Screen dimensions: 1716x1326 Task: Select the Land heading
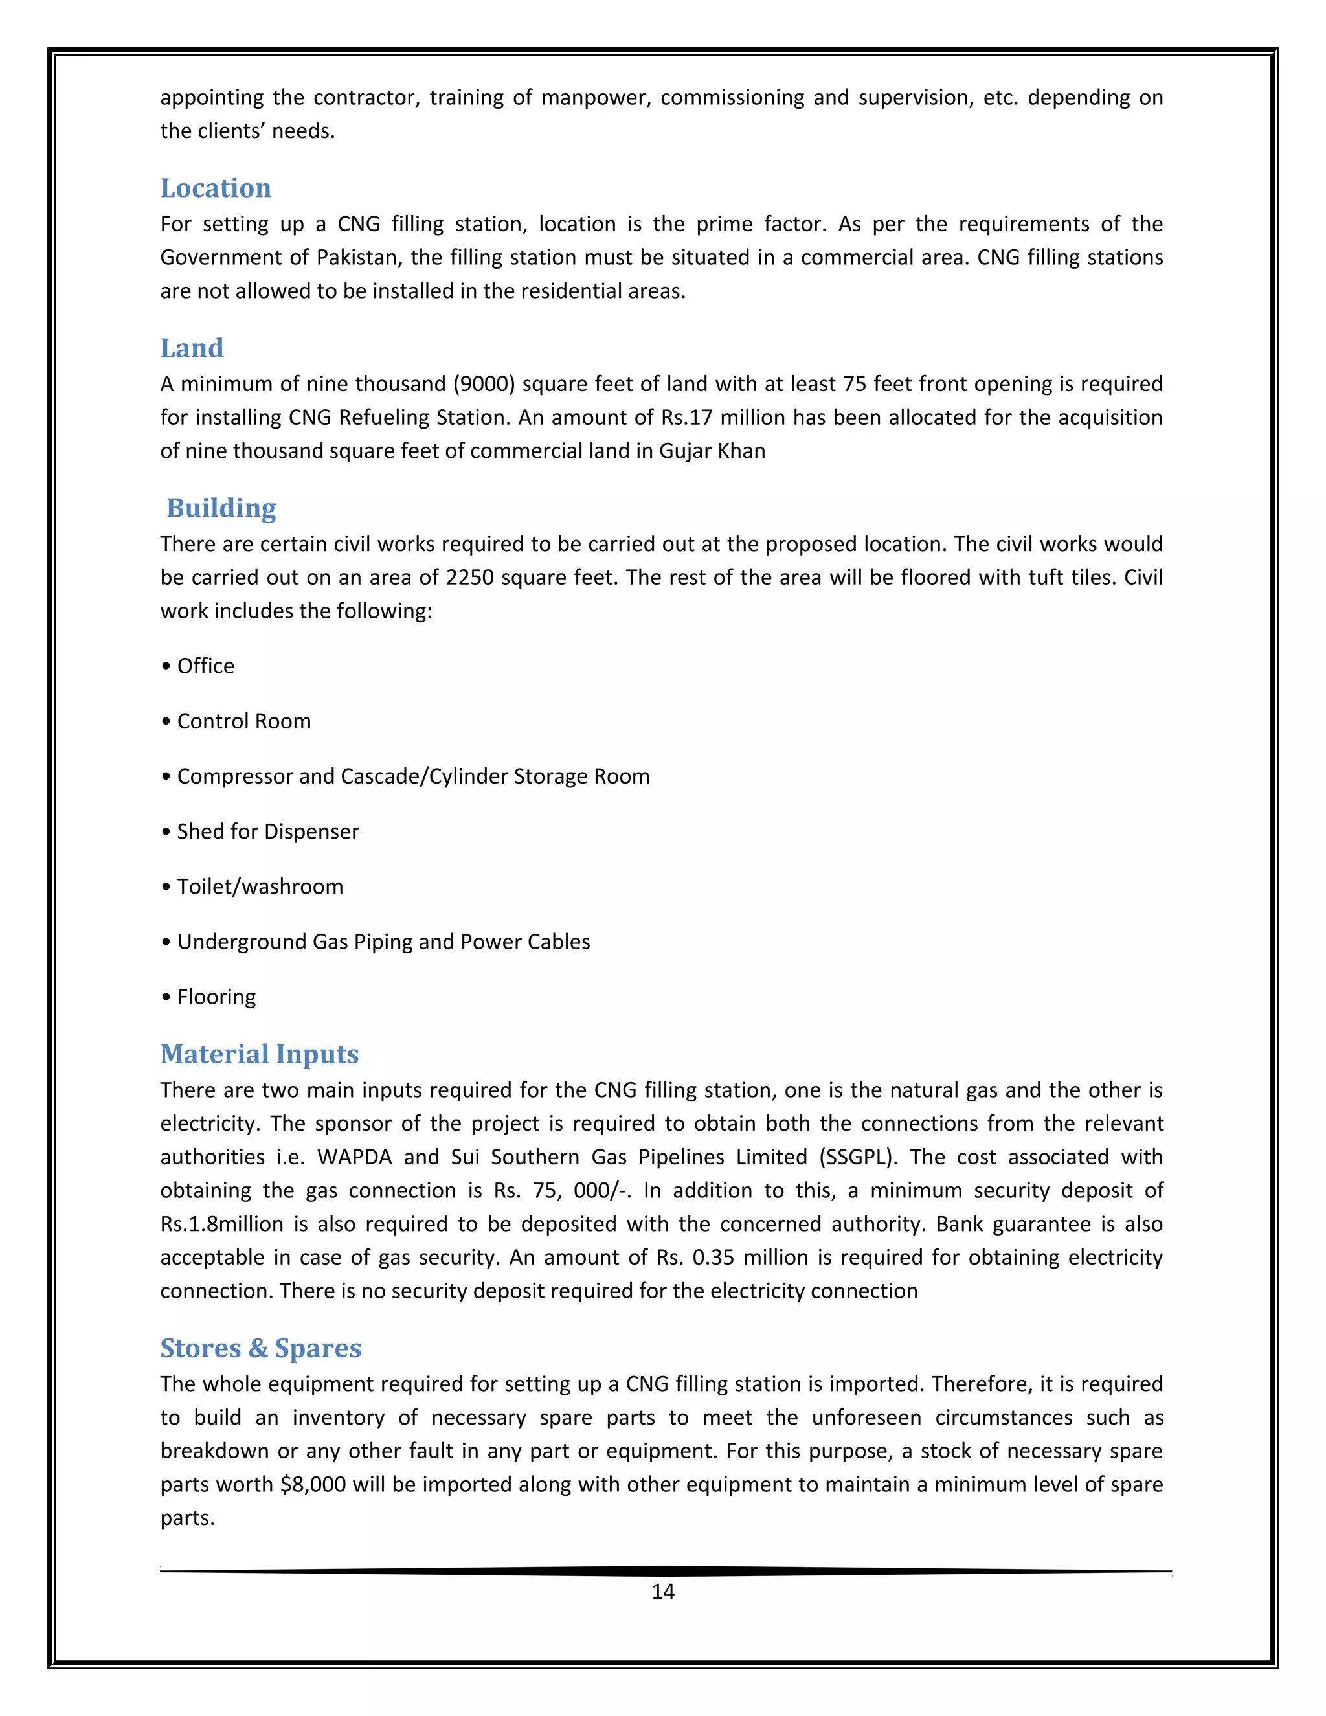[x=192, y=348]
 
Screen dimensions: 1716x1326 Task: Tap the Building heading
[x=221, y=508]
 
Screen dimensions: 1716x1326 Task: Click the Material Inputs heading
[x=259, y=1054]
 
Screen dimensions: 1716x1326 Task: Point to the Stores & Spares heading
[x=260, y=1348]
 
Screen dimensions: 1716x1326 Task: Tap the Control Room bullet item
[x=243, y=721]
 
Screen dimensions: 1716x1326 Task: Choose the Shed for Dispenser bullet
[x=267, y=831]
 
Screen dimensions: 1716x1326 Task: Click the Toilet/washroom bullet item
[x=259, y=886]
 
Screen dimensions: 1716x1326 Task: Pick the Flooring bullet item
[x=216, y=997]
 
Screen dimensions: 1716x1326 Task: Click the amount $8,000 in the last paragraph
[x=313, y=1485]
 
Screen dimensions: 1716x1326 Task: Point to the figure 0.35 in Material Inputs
[x=712, y=1258]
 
